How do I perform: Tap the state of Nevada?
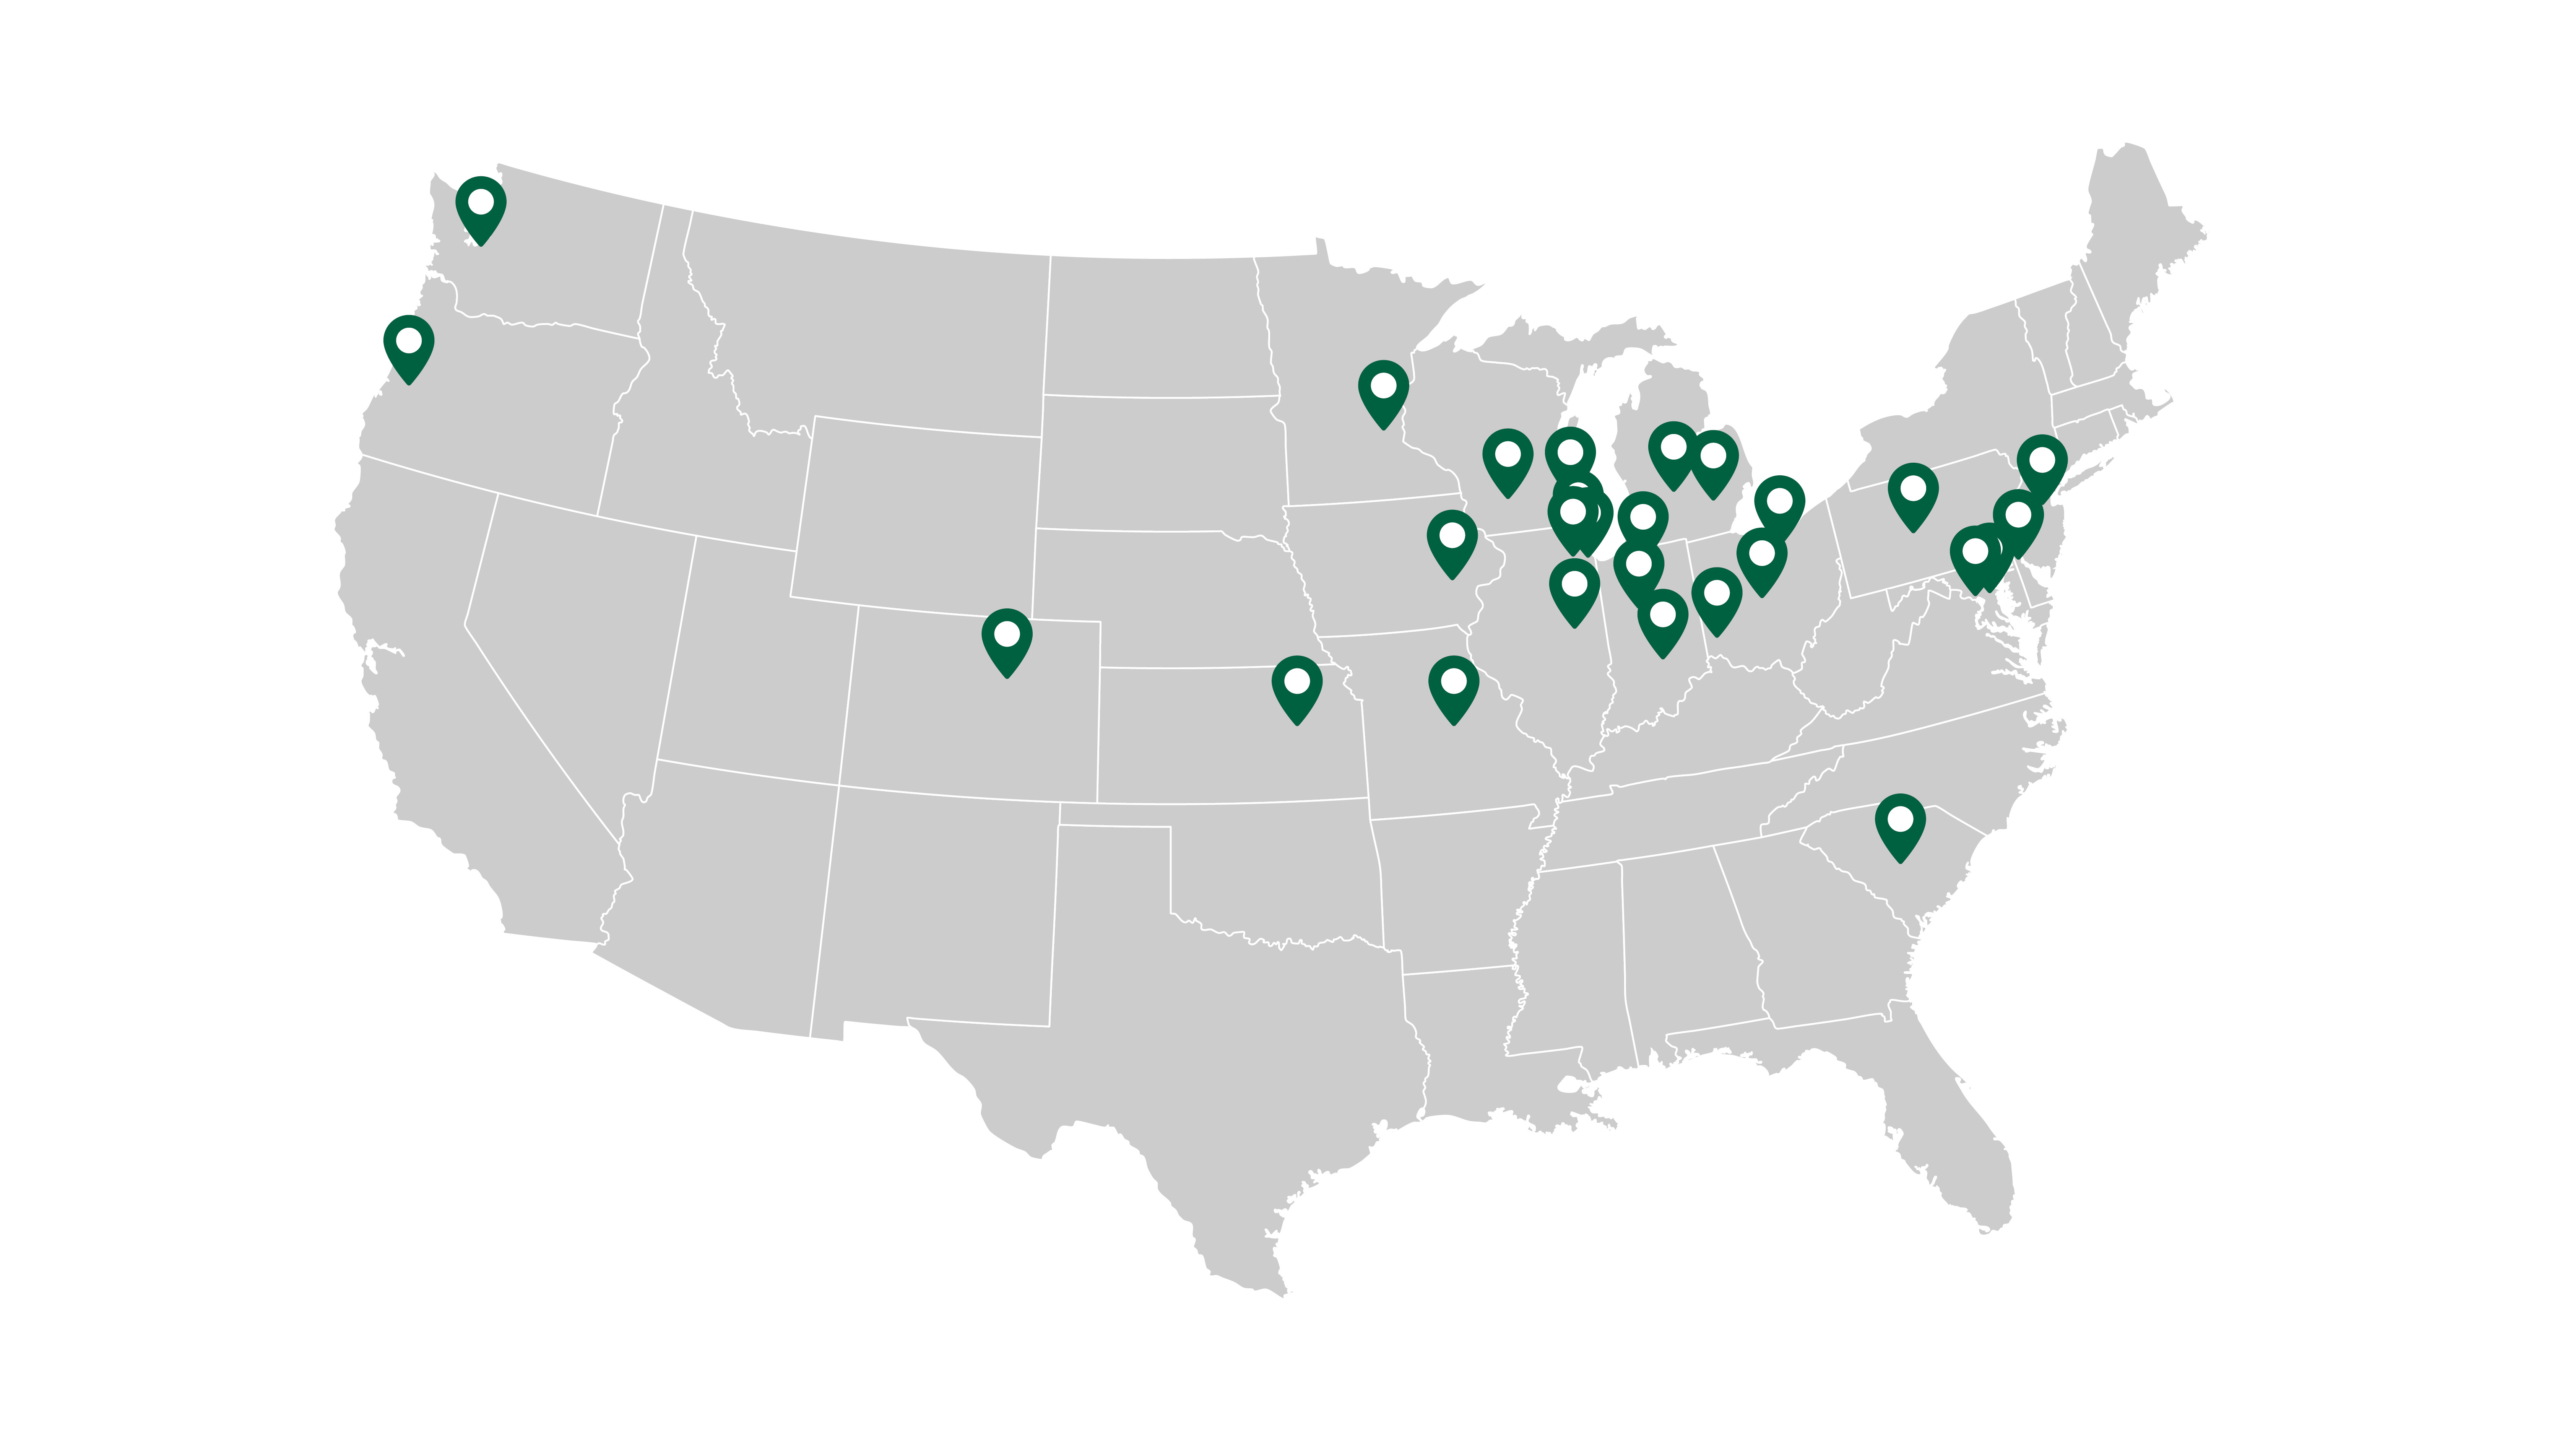point(564,633)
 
